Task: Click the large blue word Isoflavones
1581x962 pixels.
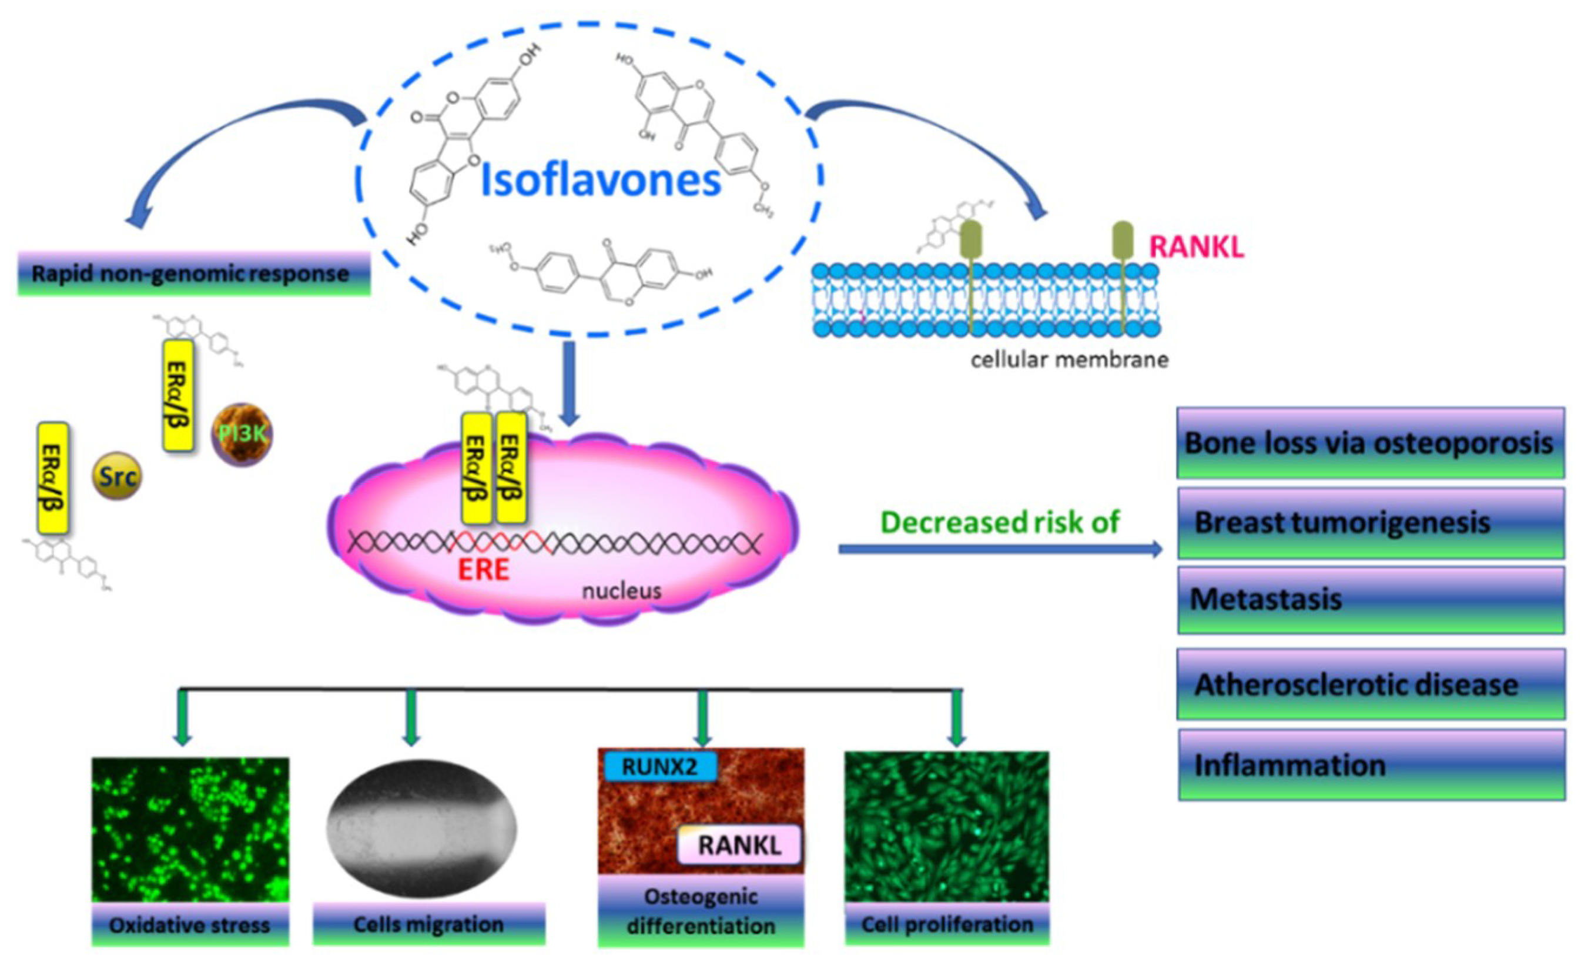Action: coord(601,181)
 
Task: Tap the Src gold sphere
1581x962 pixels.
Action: coord(117,476)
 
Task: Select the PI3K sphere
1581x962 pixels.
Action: coord(242,435)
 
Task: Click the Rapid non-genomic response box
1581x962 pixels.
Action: coord(193,274)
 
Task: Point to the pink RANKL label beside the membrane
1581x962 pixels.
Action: coord(1197,247)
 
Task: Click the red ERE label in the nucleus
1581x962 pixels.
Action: coord(483,569)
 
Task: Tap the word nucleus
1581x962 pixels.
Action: coord(621,590)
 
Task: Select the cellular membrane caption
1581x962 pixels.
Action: coord(1069,360)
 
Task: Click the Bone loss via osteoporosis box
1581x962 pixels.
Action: coord(1369,443)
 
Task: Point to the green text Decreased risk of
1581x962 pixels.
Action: coord(1000,522)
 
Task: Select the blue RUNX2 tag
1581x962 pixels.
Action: coord(659,767)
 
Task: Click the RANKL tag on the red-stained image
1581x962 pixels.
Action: coord(739,844)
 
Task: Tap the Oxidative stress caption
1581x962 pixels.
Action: coord(190,925)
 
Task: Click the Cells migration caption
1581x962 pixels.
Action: coord(428,924)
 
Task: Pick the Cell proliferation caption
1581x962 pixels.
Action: coord(947,924)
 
